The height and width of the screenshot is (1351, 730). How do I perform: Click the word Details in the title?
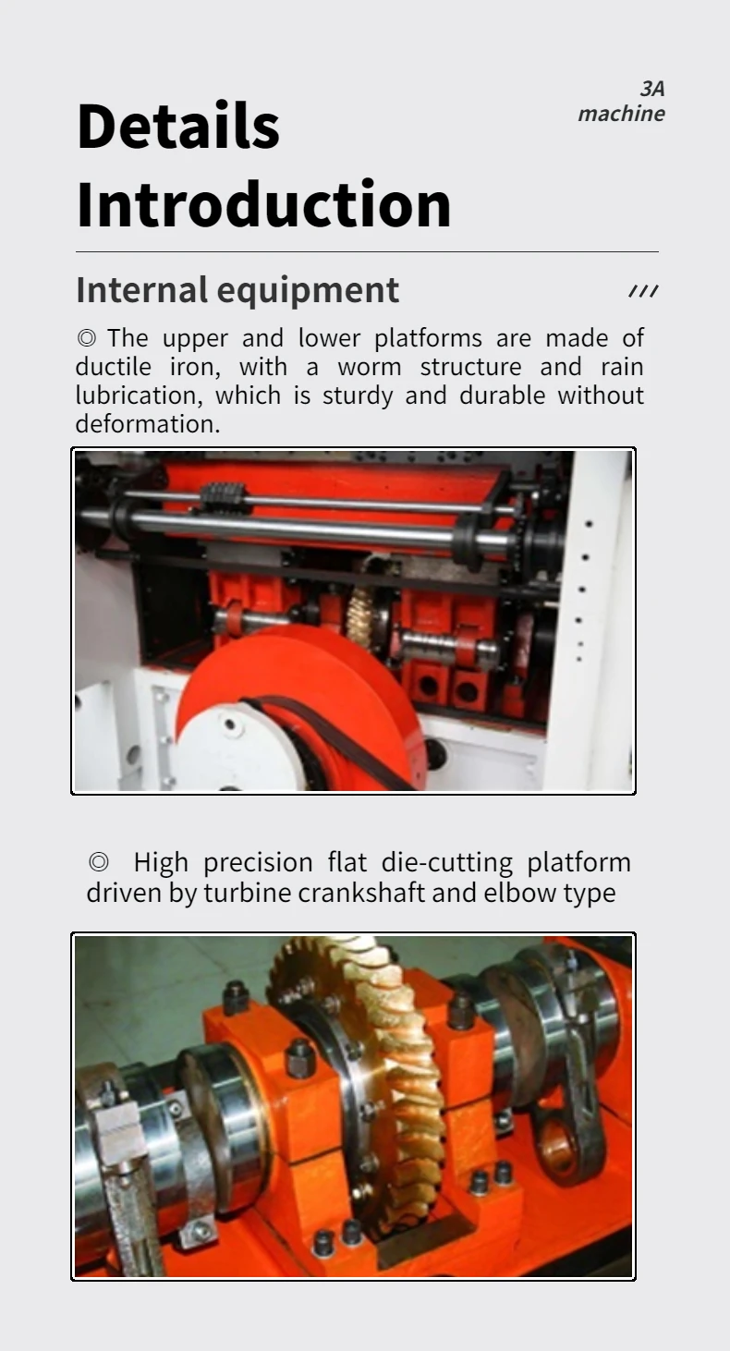coord(177,127)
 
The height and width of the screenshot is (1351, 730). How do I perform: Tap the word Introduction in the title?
coord(263,205)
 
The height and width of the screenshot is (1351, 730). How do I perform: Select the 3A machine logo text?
coord(621,102)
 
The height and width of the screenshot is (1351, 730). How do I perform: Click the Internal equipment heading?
coord(237,290)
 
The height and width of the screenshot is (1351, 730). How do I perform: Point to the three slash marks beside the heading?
coord(643,292)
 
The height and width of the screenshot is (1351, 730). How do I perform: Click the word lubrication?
coord(140,396)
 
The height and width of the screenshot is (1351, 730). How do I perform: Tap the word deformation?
coord(148,424)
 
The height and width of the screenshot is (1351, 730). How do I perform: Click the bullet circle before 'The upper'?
coord(86,338)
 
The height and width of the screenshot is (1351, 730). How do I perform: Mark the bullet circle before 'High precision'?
coord(99,863)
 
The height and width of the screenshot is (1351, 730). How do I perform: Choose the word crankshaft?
coord(343,894)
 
